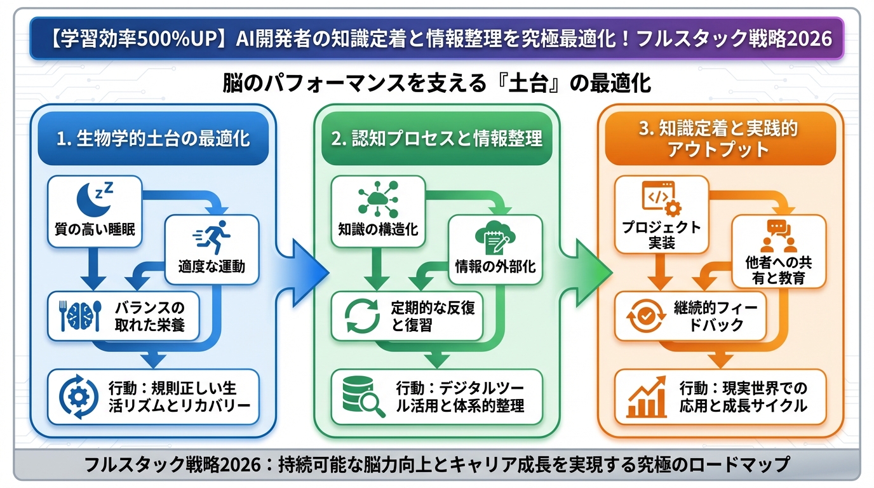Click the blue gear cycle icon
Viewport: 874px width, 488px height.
[x=78, y=396]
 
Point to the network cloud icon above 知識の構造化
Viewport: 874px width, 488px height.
[x=378, y=199]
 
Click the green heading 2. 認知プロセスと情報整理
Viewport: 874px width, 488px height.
[x=436, y=139]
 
